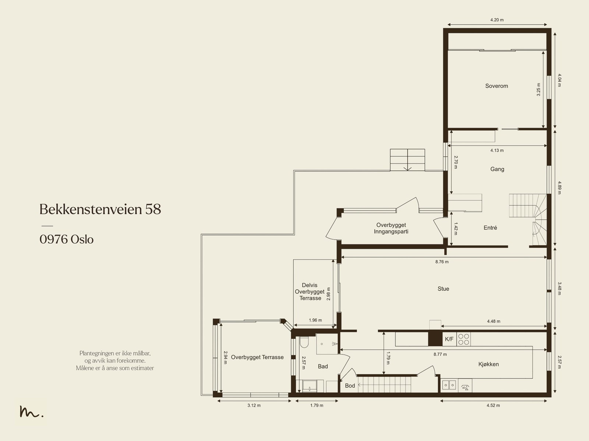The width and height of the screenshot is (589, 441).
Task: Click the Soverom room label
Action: coord(497,86)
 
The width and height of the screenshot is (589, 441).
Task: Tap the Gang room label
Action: coord(497,169)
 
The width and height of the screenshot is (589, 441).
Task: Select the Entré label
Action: coord(490,228)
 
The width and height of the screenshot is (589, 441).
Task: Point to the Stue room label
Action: coord(443,289)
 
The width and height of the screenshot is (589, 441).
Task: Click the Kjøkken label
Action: coord(489,364)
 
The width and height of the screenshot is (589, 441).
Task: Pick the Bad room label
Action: coord(323,366)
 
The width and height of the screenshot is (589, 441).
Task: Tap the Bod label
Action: coord(350,385)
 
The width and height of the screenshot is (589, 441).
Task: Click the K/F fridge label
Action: coord(449,339)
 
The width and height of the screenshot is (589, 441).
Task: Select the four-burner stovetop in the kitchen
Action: coord(464,339)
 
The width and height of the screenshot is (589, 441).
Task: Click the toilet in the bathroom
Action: coord(304,342)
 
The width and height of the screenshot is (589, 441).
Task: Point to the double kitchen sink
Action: coord(449,385)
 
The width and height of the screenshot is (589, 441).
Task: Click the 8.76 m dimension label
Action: coord(442,262)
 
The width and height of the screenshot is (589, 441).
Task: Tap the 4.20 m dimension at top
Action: coord(497,20)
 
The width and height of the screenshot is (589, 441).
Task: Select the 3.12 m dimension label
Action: coord(254,405)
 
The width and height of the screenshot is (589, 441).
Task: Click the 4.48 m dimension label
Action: coord(494,321)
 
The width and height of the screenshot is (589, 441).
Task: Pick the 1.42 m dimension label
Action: coord(456,229)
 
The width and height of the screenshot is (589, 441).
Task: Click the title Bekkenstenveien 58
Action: coord(100,209)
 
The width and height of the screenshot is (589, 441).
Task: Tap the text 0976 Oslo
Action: coord(67,239)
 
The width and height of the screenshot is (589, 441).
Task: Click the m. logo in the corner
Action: coord(31,411)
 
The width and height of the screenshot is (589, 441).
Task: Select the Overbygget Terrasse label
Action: coord(257,357)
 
